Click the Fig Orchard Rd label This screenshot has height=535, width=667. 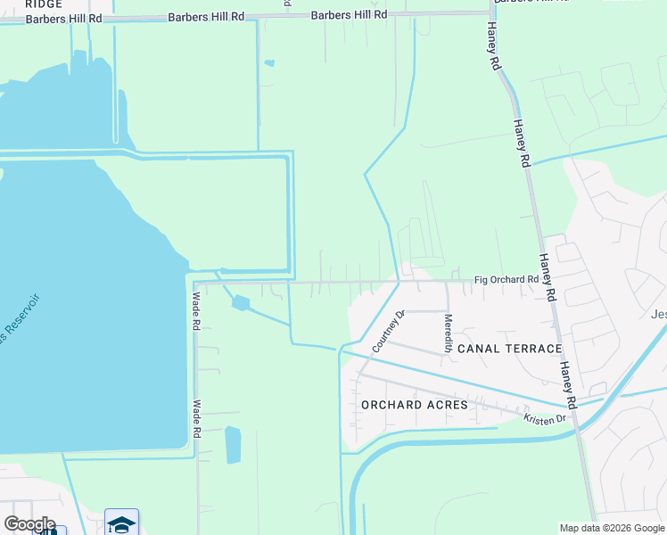point(506,279)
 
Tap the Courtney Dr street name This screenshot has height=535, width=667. point(389,330)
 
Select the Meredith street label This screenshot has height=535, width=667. point(449,333)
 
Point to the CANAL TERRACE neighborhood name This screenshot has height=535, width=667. point(509,349)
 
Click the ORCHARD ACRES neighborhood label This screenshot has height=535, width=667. point(415,405)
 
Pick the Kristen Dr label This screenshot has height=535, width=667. point(545,417)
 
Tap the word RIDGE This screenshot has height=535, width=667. point(44,4)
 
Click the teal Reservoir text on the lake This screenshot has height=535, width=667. point(19,318)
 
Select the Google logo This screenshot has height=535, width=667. point(29,524)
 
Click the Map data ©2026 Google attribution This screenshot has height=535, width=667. point(612,528)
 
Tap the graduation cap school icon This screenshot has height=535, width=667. point(121,523)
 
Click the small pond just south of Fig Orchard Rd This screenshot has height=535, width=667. point(241,303)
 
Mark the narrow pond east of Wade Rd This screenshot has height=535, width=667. point(233,444)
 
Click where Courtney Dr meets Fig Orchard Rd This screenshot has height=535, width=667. point(399,282)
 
